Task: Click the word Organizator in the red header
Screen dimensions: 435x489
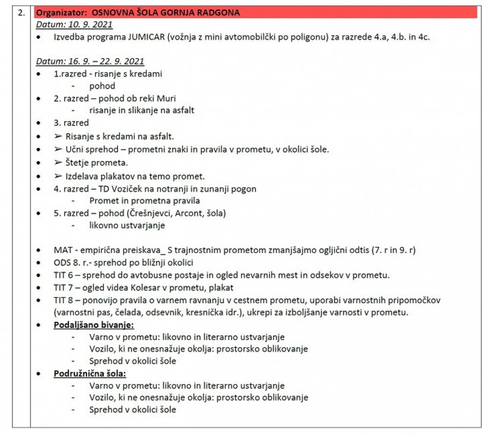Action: [x=60, y=13]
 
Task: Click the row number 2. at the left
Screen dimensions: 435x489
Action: [x=21, y=13]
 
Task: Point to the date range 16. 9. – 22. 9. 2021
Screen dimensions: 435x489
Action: [x=106, y=62]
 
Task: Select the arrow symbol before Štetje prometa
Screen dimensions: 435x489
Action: [x=58, y=163]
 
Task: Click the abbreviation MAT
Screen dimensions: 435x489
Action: [x=62, y=250]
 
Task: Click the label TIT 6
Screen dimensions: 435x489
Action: [x=63, y=275]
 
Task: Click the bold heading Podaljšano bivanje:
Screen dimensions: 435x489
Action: [x=94, y=325]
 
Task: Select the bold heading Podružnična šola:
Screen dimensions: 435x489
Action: [x=90, y=373]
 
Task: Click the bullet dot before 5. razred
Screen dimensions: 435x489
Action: [x=39, y=213]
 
